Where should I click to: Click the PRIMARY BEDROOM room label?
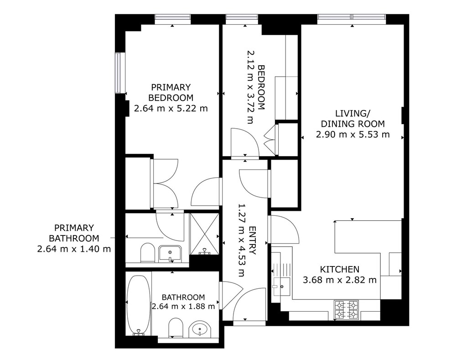[171, 92]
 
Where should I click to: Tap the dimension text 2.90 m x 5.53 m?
[353, 135]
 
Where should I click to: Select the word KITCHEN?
[340, 269]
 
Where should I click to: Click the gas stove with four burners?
[346, 310]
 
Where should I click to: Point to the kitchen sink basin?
[281, 287]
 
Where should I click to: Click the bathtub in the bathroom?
[139, 305]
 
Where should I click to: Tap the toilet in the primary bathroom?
[147, 253]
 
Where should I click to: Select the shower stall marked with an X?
[204, 234]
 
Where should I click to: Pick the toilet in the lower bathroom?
[176, 328]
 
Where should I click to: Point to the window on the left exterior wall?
[118, 73]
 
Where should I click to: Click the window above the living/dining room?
[352, 19]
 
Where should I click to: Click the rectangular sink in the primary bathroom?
[170, 254]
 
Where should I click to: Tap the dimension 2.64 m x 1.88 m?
[183, 307]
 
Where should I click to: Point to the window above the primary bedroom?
[173, 19]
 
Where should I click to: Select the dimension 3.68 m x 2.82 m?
[340, 280]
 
